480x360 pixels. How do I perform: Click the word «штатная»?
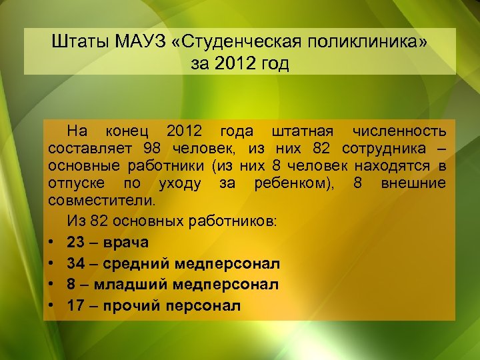coord(293,129)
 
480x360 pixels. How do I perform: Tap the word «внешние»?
coord(413,183)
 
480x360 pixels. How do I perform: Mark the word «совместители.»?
coord(101,200)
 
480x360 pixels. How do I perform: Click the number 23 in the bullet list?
coord(76,241)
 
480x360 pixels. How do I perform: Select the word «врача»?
coord(126,241)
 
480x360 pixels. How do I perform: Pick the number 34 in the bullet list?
coord(76,263)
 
